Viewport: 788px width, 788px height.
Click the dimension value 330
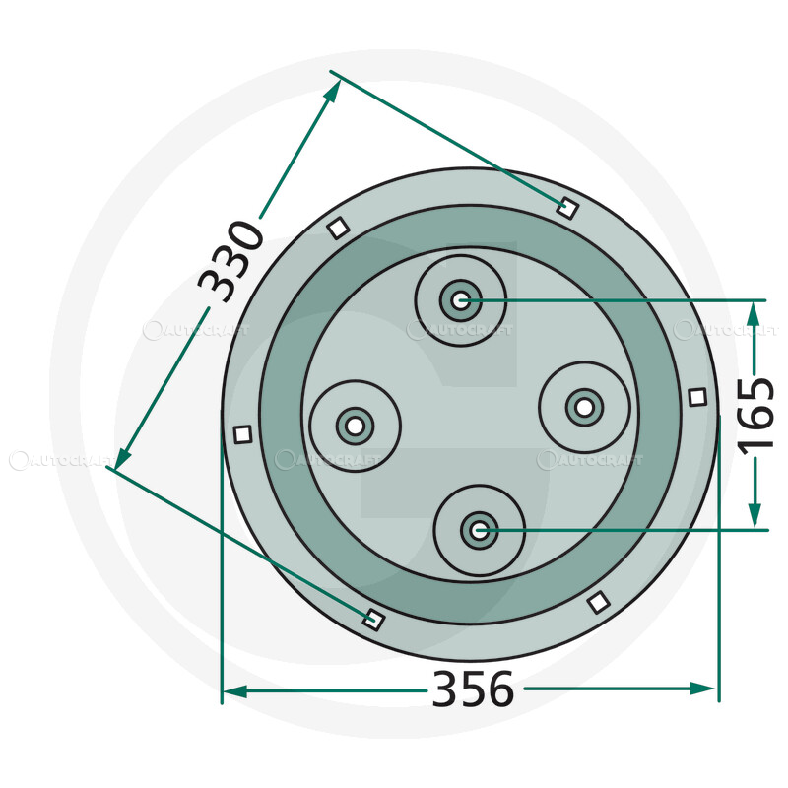[232, 262]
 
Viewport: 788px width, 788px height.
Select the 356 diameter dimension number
[473, 689]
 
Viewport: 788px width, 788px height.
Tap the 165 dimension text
[758, 414]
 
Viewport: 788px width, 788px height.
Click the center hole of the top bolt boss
[459, 299]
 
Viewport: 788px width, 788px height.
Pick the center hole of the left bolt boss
[354, 427]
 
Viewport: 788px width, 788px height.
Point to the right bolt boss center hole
[584, 405]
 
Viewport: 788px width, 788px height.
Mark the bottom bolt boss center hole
[480, 531]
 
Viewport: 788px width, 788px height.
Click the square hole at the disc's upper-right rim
[566, 207]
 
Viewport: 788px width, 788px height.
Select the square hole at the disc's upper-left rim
[337, 228]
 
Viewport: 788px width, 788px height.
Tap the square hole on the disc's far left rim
[242, 433]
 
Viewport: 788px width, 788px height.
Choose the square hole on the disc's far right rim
[697, 397]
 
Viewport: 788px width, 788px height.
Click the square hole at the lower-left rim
[372, 619]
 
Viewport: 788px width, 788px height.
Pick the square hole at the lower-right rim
[596, 601]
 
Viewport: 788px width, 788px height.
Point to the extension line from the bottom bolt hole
[630, 531]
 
